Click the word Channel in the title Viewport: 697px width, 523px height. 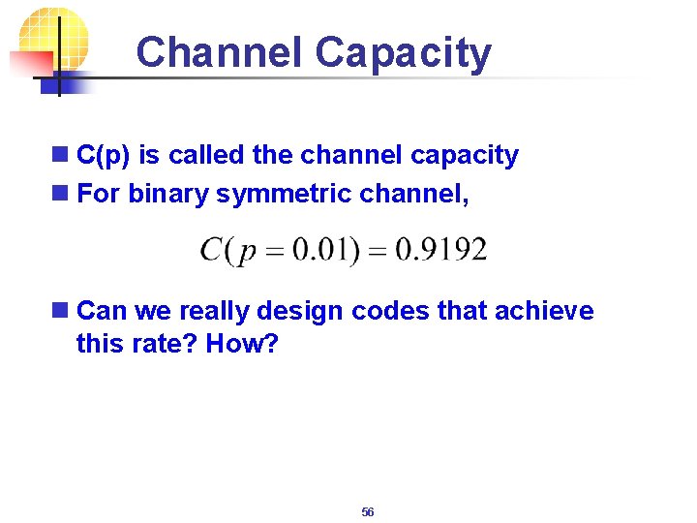coord(221,52)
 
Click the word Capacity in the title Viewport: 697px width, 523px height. coord(404,54)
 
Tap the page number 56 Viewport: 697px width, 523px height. coord(368,511)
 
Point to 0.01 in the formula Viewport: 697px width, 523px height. coord(324,250)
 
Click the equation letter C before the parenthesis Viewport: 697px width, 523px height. coord(212,250)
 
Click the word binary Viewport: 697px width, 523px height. coord(169,195)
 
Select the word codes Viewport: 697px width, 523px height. coord(392,311)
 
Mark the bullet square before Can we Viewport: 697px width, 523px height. coord(61,311)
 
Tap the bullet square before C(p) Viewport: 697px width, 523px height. coord(61,155)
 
